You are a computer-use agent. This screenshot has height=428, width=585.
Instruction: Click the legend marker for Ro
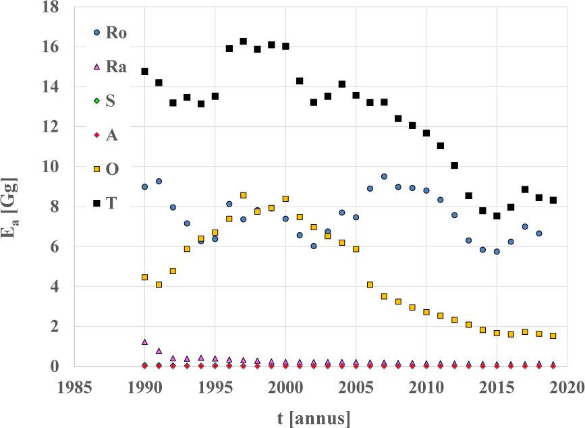96,32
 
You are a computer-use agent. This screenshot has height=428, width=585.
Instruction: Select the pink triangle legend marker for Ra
96,66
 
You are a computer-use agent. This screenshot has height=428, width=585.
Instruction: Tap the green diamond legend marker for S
96,101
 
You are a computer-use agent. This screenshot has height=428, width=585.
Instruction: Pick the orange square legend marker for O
96,169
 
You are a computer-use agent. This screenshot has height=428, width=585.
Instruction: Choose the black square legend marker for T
96,203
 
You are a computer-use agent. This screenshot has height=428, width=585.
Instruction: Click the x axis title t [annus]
314,418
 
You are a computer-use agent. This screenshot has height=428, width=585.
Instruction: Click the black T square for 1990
144,72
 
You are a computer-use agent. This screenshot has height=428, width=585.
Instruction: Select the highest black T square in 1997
243,41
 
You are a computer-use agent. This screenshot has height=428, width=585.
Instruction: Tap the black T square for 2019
553,200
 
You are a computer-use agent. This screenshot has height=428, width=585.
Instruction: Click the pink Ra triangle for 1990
144,342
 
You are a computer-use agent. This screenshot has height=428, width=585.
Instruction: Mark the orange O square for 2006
370,285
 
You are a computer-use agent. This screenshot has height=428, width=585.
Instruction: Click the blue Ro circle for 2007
384,176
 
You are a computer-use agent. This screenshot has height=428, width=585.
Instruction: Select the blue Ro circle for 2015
497,251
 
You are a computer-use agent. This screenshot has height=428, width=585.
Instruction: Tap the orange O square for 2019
553,336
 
